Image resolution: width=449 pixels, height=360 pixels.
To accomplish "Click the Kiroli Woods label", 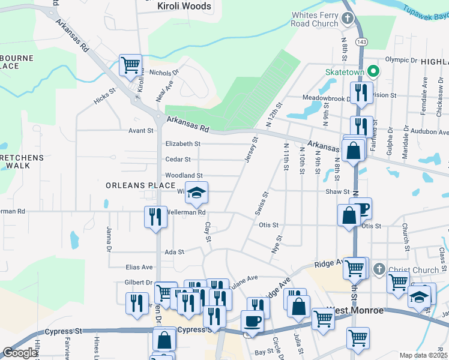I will click(x=184, y=7).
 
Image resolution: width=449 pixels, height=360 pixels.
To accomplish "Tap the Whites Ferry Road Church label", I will click(x=315, y=19).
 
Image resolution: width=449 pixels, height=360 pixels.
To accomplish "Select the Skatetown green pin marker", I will click(x=373, y=72).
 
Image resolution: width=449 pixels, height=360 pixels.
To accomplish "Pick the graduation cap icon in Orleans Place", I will click(x=196, y=193).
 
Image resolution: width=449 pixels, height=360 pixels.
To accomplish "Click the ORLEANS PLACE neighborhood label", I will click(x=140, y=185).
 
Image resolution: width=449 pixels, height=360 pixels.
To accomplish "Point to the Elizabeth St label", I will click(x=183, y=144).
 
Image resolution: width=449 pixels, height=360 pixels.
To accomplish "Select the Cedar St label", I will click(x=178, y=160).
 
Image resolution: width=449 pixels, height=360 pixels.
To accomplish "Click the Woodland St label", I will click(x=184, y=175).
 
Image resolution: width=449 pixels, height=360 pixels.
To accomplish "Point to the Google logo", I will click(x=20, y=353).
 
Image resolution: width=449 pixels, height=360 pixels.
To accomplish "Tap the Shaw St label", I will click(x=337, y=192).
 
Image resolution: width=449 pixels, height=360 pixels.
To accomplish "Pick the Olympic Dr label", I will click(x=400, y=60).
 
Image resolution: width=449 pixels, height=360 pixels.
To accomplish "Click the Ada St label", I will click(x=174, y=253).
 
